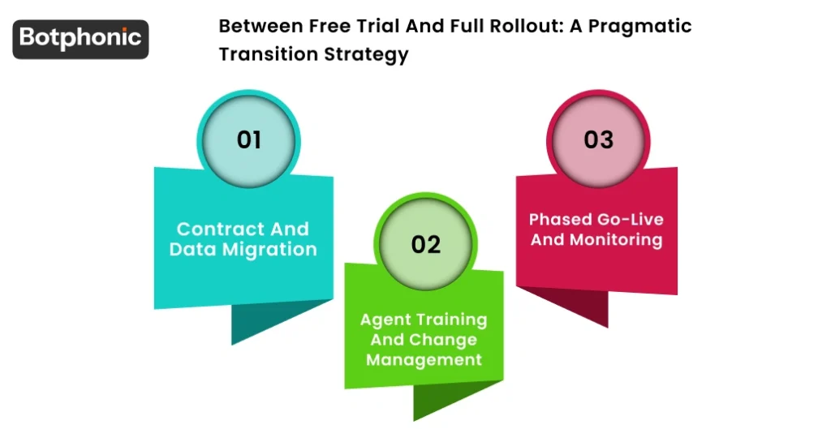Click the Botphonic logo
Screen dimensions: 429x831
pyautogui.click(x=80, y=38)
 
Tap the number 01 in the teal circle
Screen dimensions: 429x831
pyautogui.click(x=248, y=139)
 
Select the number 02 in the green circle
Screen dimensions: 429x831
pyautogui.click(x=425, y=244)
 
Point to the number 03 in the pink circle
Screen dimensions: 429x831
pyautogui.click(x=598, y=139)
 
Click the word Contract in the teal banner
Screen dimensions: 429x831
pyautogui.click(x=210, y=229)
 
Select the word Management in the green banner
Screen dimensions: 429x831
pyautogui.click(x=424, y=358)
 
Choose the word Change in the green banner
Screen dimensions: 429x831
pyautogui.click(x=450, y=339)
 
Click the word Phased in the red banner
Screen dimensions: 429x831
pyautogui.click(x=559, y=220)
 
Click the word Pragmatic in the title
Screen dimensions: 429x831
pyautogui.click(x=639, y=26)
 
